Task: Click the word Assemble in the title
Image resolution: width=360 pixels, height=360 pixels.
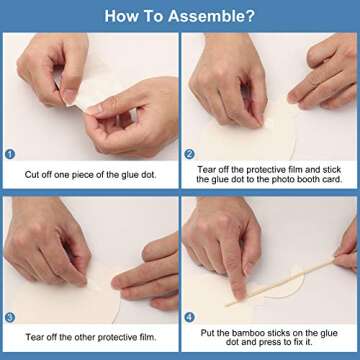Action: click(208, 16)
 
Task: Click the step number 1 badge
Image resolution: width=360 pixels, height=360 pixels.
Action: click(10, 154)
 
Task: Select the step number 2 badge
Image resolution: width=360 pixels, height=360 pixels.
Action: click(189, 154)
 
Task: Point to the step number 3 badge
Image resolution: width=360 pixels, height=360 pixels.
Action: click(10, 317)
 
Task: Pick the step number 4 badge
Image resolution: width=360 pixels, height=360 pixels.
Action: click(189, 317)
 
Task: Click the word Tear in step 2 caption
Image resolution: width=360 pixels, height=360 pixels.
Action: click(205, 170)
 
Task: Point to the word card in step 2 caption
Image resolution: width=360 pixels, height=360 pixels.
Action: click(333, 179)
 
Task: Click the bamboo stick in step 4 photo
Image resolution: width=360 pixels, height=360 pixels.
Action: click(280, 282)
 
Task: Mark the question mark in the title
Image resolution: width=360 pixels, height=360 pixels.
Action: click(251, 16)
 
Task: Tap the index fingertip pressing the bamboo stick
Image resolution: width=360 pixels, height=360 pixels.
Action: click(238, 292)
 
